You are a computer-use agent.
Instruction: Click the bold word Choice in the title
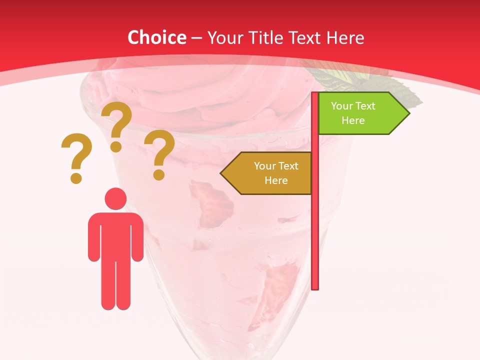tap(156, 37)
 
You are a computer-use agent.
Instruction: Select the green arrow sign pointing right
tap(357, 113)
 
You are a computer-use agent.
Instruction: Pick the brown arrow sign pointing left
tap(270, 173)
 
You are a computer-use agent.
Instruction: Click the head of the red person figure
tap(115, 198)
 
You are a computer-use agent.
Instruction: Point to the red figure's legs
tap(115, 285)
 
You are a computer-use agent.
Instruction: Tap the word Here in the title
tap(345, 37)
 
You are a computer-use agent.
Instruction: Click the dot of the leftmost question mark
tap(76, 178)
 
